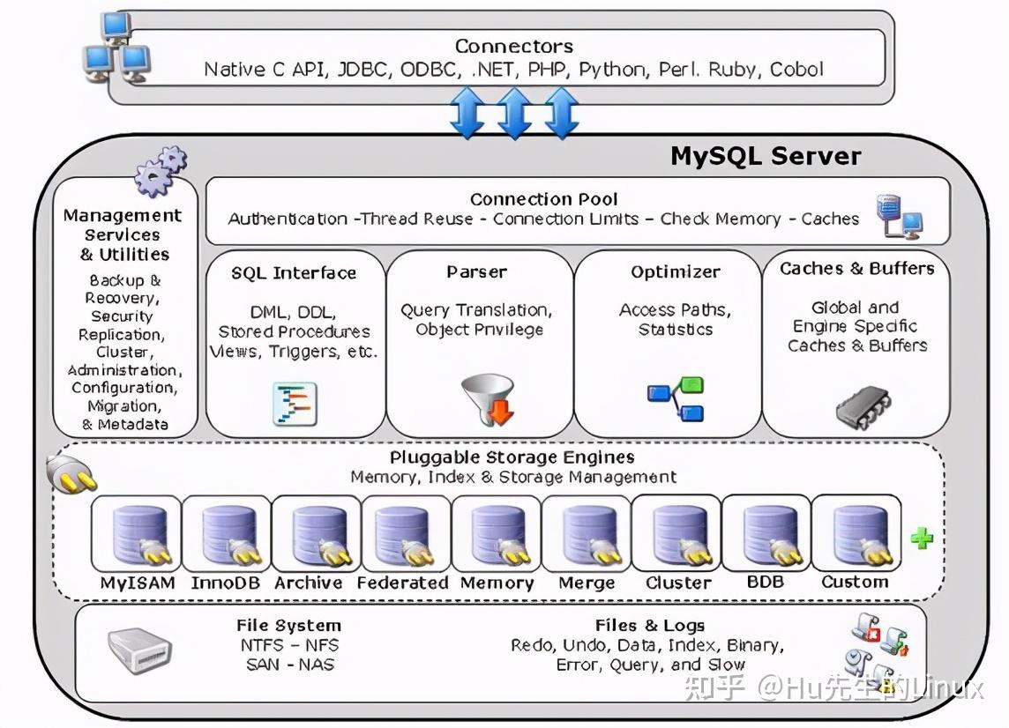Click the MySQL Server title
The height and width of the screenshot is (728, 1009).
coord(766,156)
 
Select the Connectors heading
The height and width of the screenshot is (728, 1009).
coord(513,46)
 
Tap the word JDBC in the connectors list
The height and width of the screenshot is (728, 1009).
coord(361,70)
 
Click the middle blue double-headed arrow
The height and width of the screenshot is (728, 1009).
coord(513,114)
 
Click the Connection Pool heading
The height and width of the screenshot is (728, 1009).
coord(543,199)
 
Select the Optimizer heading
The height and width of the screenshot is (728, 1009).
coord(675,271)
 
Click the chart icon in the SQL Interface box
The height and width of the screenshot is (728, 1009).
coord(295,405)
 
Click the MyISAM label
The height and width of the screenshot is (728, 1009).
coord(138,583)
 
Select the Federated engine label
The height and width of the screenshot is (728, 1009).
coord(402,583)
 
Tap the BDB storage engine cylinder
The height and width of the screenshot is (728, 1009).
coord(766,534)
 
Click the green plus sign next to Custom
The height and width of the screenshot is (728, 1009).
coord(922,538)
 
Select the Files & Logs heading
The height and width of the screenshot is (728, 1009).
coord(649,626)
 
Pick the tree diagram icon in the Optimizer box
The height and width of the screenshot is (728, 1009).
coord(675,398)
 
